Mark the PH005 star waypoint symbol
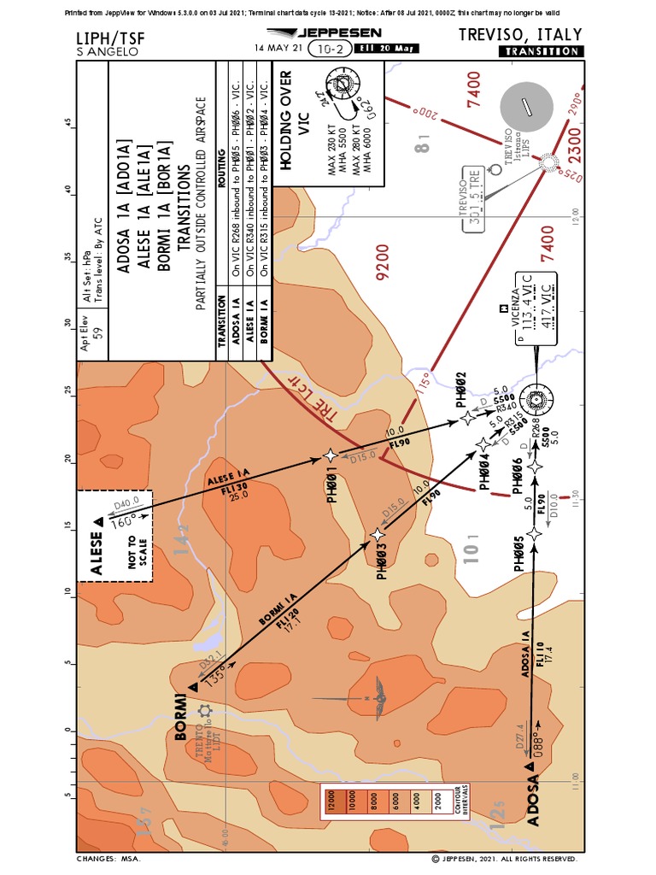tap(535, 534)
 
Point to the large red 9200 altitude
tap(382, 266)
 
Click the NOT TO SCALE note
tap(132, 551)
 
